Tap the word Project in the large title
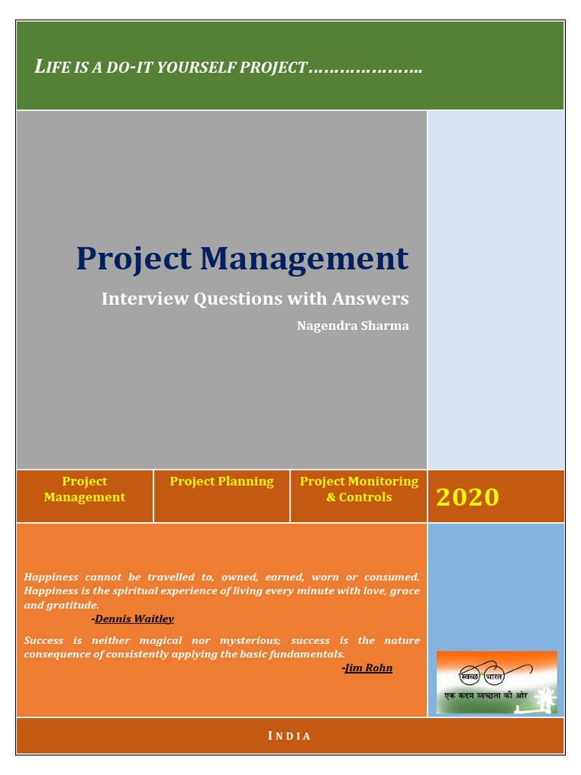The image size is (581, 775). pyautogui.click(x=133, y=259)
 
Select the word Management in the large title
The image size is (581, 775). pyautogui.click(x=304, y=259)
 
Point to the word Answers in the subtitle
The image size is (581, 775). pyautogui.click(x=371, y=298)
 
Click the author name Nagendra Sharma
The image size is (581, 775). pyautogui.click(x=353, y=326)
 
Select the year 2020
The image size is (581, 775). pyautogui.click(x=468, y=497)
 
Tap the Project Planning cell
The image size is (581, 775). pyautogui.click(x=222, y=481)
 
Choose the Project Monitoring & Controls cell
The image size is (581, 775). pyautogui.click(x=359, y=489)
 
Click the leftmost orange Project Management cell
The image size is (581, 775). pyautogui.click(x=85, y=489)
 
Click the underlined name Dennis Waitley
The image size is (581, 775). pyautogui.click(x=134, y=619)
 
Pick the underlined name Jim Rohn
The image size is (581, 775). pyautogui.click(x=368, y=668)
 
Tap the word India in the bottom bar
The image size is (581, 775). pyautogui.click(x=290, y=736)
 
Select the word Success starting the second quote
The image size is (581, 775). pyautogui.click(x=44, y=640)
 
